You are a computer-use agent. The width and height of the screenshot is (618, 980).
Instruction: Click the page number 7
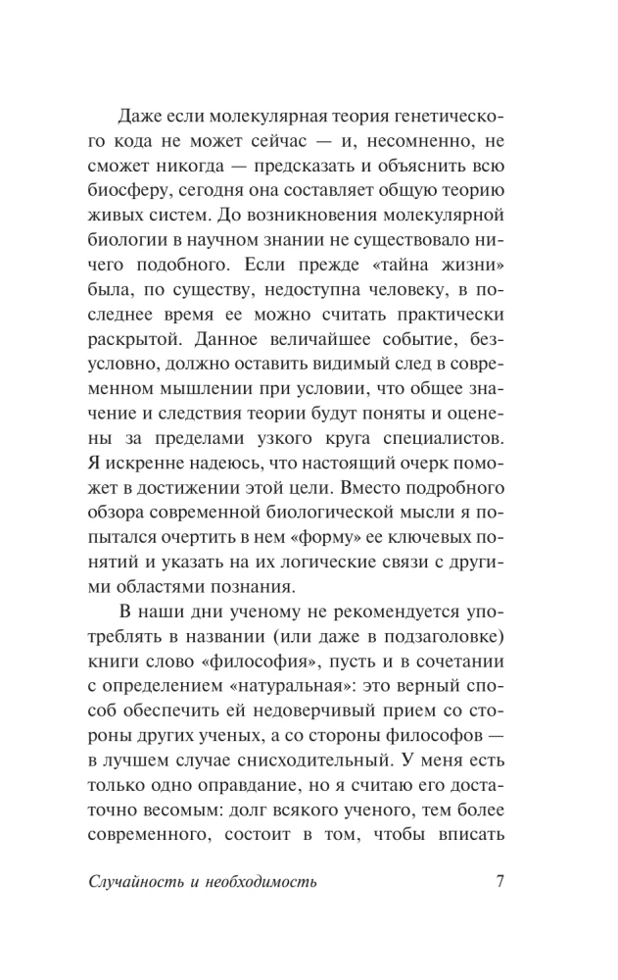pyautogui.click(x=499, y=881)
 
